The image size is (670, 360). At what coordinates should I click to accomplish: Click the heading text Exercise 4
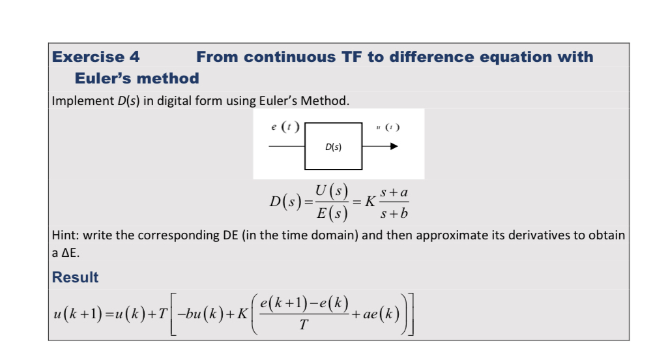(96, 57)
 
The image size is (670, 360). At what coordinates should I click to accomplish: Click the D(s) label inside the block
(333, 147)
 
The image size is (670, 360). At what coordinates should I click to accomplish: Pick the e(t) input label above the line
(285, 127)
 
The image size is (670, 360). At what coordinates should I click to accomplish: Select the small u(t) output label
(388, 127)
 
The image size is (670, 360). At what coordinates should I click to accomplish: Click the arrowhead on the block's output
(394, 146)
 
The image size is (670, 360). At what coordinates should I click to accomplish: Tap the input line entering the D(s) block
(287, 146)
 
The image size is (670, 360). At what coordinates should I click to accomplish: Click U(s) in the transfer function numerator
(332, 190)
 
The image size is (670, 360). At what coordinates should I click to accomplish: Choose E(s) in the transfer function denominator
(332, 213)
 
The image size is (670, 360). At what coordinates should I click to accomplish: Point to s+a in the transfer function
(394, 192)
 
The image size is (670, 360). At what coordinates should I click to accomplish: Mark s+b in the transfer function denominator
(394, 213)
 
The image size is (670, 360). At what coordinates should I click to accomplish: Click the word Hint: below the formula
(65, 235)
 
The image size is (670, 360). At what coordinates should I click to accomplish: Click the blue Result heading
(75, 277)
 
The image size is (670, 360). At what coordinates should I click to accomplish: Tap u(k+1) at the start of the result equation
(78, 314)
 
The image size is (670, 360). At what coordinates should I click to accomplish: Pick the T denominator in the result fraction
(303, 325)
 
